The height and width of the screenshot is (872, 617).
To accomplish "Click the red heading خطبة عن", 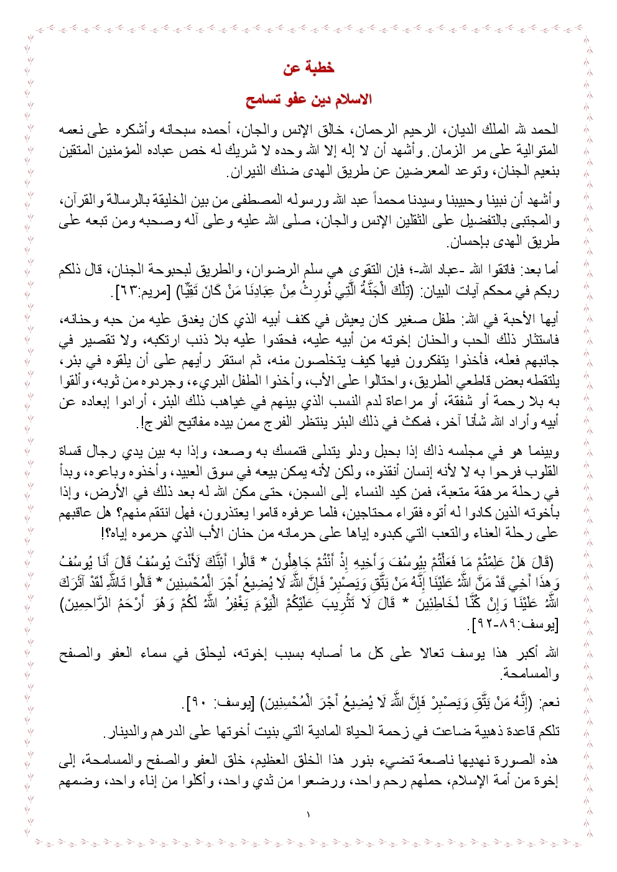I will click(308, 68).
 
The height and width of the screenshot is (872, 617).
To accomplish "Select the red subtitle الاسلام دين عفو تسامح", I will click(308, 100).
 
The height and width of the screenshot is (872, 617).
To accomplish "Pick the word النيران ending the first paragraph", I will click(245, 170).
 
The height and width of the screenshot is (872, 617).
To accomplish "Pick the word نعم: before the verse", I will click(549, 702).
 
